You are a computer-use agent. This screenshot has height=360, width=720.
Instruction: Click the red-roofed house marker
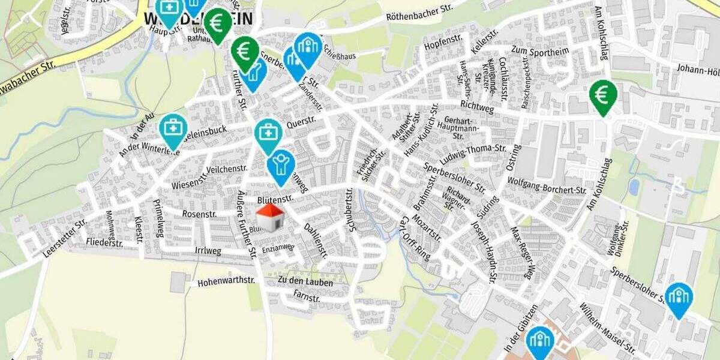[x=270, y=217]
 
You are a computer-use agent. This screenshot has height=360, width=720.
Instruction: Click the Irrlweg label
[x=208, y=250]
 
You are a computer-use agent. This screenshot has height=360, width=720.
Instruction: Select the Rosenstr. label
[x=199, y=214]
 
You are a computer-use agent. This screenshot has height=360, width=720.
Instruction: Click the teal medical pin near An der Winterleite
[x=173, y=130]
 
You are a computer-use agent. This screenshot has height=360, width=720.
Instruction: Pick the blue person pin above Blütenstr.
[x=280, y=166]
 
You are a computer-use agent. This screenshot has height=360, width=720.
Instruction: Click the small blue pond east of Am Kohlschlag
[x=634, y=187]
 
